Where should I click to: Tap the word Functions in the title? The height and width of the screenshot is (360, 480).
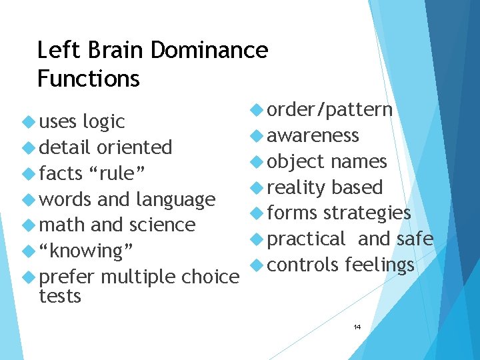[x=89, y=79]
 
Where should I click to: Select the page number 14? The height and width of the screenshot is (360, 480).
[x=357, y=327]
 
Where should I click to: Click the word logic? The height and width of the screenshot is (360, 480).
[x=103, y=122]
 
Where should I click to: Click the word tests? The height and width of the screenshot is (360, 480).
[x=60, y=296]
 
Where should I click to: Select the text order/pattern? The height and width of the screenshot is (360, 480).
[x=329, y=110]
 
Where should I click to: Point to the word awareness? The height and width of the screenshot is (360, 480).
[x=313, y=136]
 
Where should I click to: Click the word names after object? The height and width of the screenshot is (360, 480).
[x=358, y=162]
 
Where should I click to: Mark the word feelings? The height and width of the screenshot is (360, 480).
[x=379, y=265]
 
